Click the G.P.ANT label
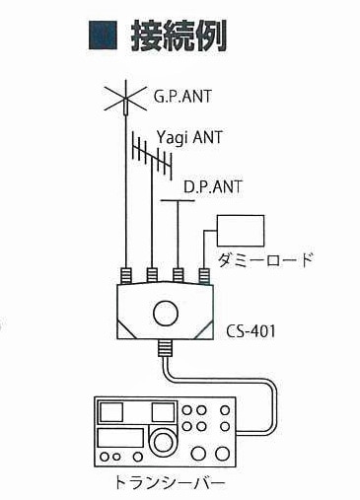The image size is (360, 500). (x=182, y=98)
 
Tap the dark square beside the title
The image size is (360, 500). (x=102, y=36)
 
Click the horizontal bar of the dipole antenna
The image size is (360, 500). (x=179, y=202)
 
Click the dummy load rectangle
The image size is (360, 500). (x=241, y=229)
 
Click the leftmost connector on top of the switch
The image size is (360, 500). (x=126, y=275)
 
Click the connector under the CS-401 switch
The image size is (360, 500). (x=166, y=347)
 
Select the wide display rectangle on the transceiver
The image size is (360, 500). (x=119, y=438)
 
